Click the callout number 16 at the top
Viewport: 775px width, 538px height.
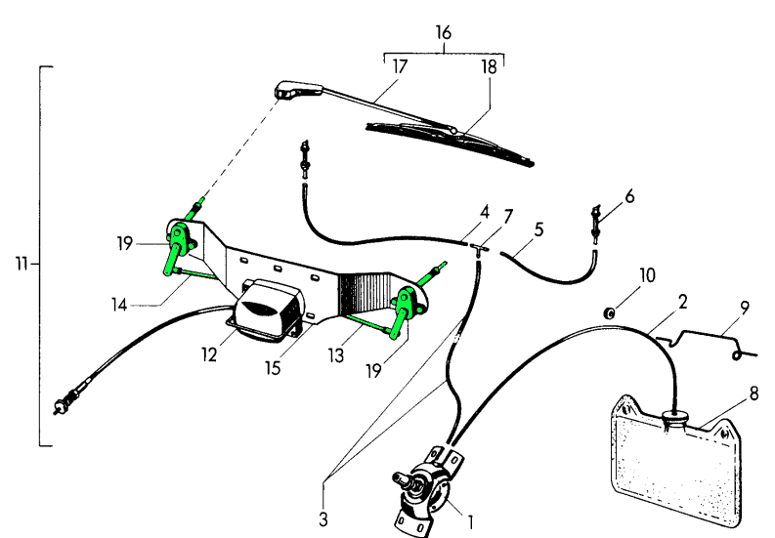(x=444, y=33)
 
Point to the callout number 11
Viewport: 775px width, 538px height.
(x=22, y=263)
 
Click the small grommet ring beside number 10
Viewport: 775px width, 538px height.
(x=610, y=313)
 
